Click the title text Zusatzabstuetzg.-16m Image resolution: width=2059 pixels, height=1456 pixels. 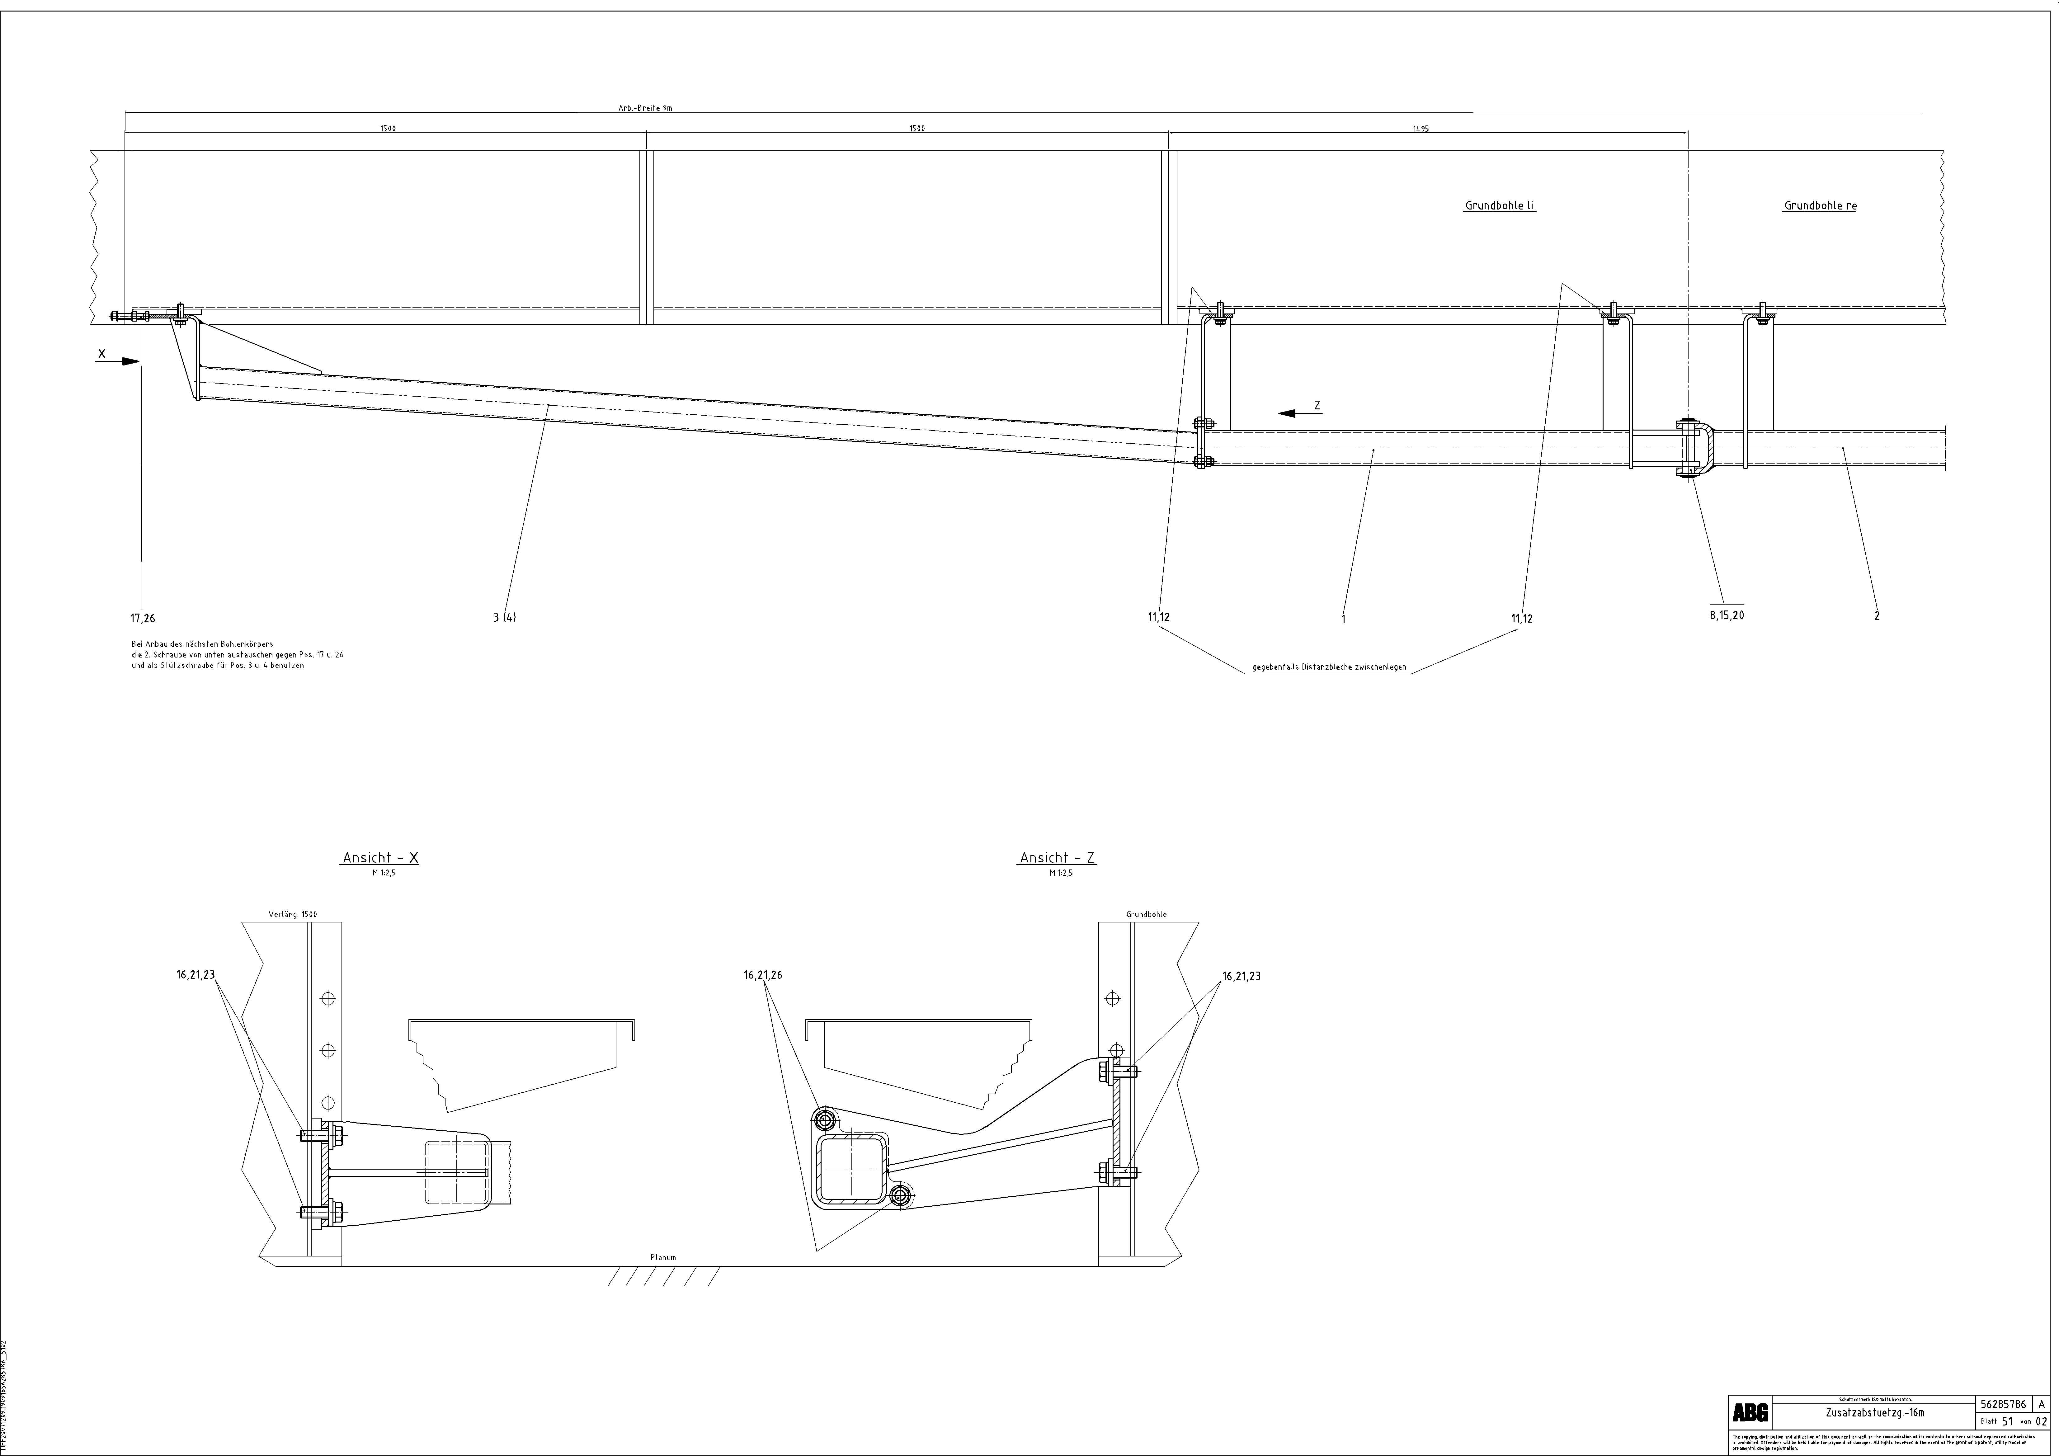(1874, 1414)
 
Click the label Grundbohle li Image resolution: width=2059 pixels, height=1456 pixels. (1499, 206)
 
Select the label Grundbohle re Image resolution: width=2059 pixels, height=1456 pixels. (1821, 206)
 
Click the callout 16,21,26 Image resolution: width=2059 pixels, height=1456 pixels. (762, 975)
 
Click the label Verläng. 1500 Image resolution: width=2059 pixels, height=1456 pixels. (292, 915)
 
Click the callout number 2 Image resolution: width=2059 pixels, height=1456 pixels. (1877, 616)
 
